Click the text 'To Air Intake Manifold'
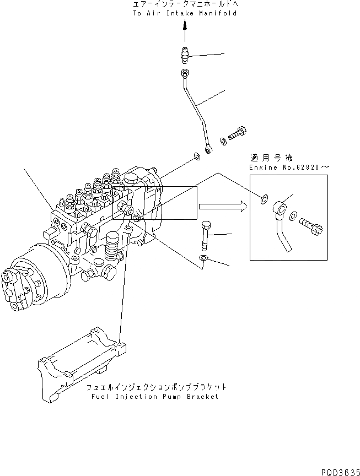pyautogui.click(x=185, y=13)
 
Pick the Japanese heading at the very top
pyautogui.click(x=185, y=4)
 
